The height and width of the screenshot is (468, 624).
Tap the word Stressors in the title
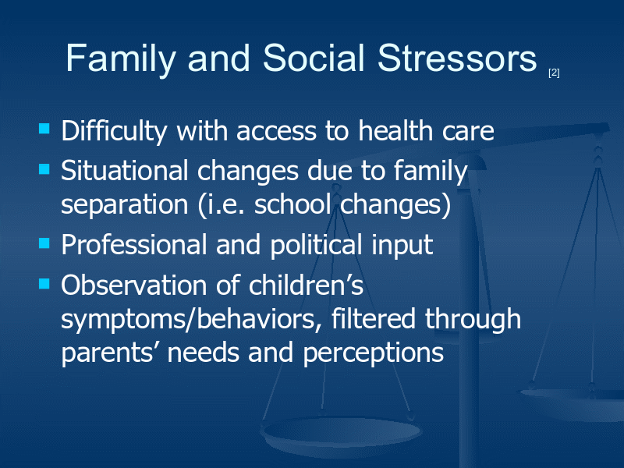(457, 58)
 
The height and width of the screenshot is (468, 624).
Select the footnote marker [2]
(554, 73)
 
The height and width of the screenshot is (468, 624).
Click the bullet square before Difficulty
(44, 129)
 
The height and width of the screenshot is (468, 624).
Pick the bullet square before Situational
(44, 169)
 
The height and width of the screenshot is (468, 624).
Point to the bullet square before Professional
(44, 243)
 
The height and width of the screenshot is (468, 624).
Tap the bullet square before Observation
(44, 283)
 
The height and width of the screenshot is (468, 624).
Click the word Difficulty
(114, 131)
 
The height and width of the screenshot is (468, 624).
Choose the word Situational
(125, 171)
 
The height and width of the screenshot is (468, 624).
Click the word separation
(125, 205)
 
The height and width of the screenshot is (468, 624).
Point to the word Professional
(133, 244)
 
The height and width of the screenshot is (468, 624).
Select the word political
(316, 245)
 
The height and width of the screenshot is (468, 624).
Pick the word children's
(306, 285)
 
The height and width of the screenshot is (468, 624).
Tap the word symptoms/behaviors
(191, 321)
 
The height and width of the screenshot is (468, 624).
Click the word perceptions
(374, 354)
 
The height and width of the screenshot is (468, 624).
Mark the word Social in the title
(314, 58)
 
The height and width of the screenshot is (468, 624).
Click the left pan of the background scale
(341, 432)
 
